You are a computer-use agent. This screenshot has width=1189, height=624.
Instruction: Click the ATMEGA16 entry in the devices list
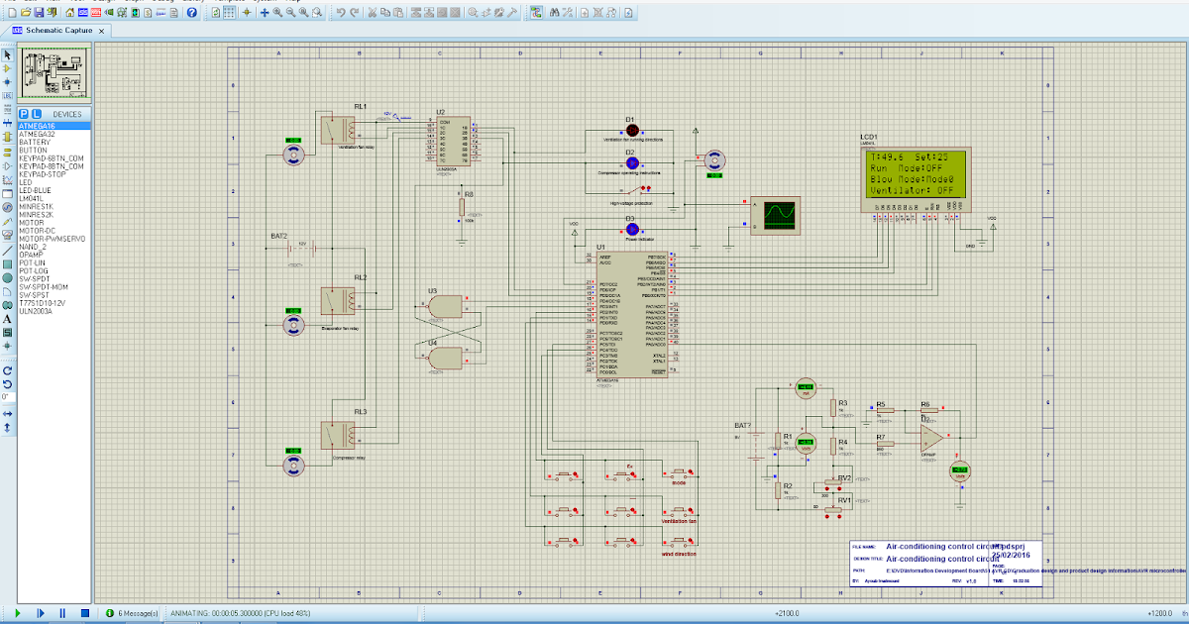click(38, 126)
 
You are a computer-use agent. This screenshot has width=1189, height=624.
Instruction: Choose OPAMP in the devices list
click(32, 253)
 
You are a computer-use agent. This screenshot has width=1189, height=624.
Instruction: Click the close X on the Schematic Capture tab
click(102, 31)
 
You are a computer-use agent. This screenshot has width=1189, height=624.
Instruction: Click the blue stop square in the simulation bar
click(85, 613)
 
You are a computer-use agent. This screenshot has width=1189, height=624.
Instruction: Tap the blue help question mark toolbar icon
click(193, 12)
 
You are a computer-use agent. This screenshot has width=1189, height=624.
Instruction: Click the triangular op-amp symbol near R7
click(928, 436)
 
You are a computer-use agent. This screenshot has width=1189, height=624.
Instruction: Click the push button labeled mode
click(679, 473)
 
